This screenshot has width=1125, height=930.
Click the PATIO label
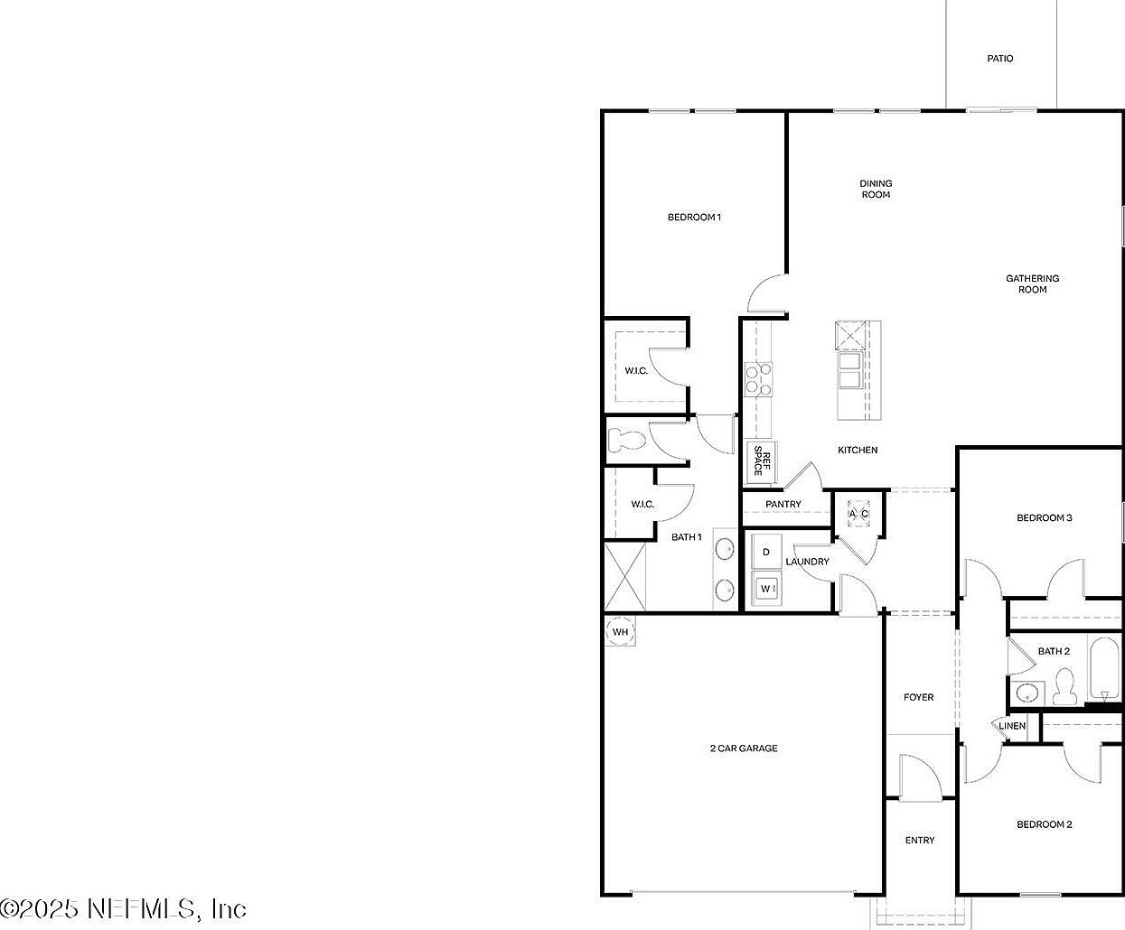[999, 59]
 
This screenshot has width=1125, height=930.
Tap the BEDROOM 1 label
[694, 217]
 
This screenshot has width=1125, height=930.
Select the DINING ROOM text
[876, 189]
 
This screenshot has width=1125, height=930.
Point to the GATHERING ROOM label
[1032, 284]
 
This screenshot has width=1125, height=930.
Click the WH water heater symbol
[620, 631]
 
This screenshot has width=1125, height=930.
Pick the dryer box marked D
[766, 552]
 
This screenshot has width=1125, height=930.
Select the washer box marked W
[766, 589]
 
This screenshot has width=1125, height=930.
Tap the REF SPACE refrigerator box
[762, 460]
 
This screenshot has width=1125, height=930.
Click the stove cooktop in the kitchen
[758, 379]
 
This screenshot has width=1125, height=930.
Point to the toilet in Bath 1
[626, 440]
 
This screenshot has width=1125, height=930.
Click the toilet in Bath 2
[1064, 688]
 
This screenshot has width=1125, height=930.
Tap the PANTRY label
[783, 504]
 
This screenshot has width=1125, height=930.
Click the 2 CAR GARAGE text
[743, 748]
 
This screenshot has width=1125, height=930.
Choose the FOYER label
[918, 697]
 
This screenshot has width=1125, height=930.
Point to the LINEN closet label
[1012, 726]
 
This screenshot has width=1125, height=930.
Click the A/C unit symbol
[858, 514]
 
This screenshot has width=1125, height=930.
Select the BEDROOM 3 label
[1044, 517]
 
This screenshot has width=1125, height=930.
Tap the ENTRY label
[920, 841]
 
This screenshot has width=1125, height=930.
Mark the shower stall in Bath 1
[624, 576]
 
